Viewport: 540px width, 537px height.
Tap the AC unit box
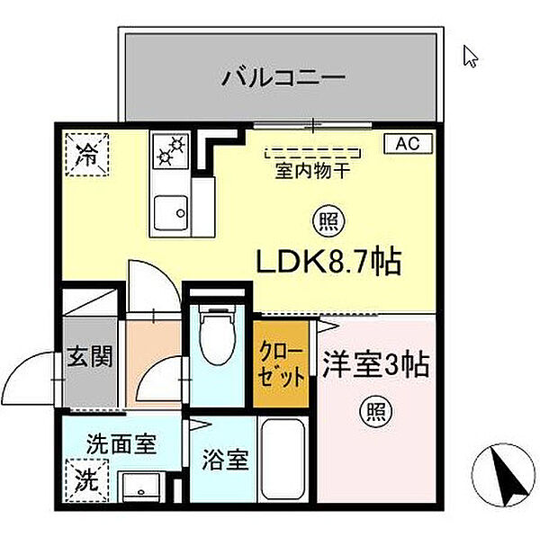click(x=409, y=143)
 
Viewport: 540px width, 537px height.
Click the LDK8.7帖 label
click(x=328, y=262)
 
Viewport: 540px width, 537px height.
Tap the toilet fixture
click(x=216, y=336)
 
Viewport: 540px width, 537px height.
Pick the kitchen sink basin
click(x=169, y=213)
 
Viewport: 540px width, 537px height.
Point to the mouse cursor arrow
click(x=470, y=56)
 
